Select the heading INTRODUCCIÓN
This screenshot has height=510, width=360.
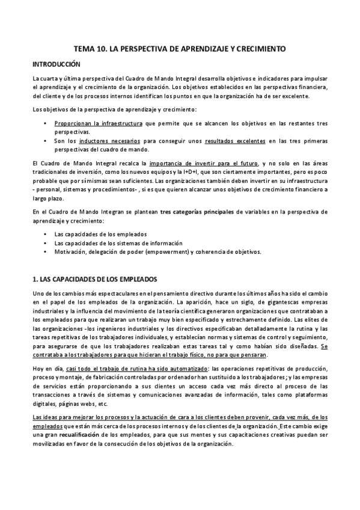56,64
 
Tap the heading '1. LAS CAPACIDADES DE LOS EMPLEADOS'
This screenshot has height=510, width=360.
94,279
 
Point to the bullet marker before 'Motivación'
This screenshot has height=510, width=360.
46,251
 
